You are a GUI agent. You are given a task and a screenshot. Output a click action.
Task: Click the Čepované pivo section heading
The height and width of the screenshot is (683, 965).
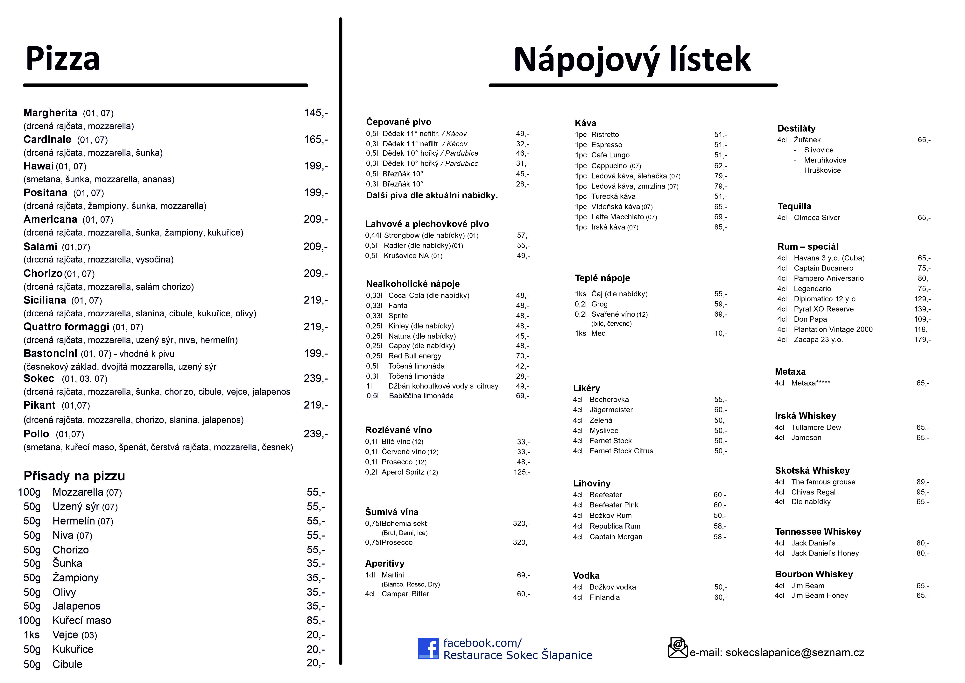(398, 122)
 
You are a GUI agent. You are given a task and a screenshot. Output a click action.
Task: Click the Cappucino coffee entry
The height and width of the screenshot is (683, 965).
(609, 166)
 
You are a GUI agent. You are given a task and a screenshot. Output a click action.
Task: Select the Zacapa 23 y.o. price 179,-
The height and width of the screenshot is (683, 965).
(922, 339)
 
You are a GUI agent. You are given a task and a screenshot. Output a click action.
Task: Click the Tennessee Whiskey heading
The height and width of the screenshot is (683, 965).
(818, 532)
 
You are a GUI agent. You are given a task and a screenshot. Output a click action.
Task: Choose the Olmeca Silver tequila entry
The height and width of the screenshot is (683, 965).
(817, 217)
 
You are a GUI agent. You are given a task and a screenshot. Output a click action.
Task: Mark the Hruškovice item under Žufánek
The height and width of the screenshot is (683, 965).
(822, 170)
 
